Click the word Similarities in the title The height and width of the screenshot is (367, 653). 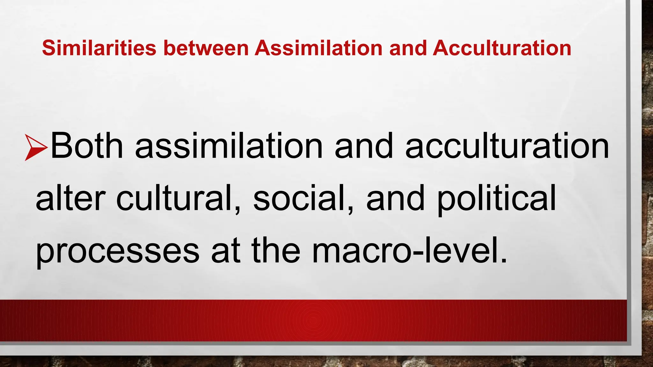coord(99,48)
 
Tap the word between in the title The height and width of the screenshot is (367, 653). coord(206,48)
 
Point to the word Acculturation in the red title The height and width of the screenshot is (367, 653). coord(502,48)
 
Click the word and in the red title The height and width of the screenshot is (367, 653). coord(408,48)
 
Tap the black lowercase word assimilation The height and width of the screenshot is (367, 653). coord(229,146)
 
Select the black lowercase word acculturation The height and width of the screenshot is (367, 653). coord(507,146)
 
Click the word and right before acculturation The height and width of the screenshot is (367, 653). coord(364,146)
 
